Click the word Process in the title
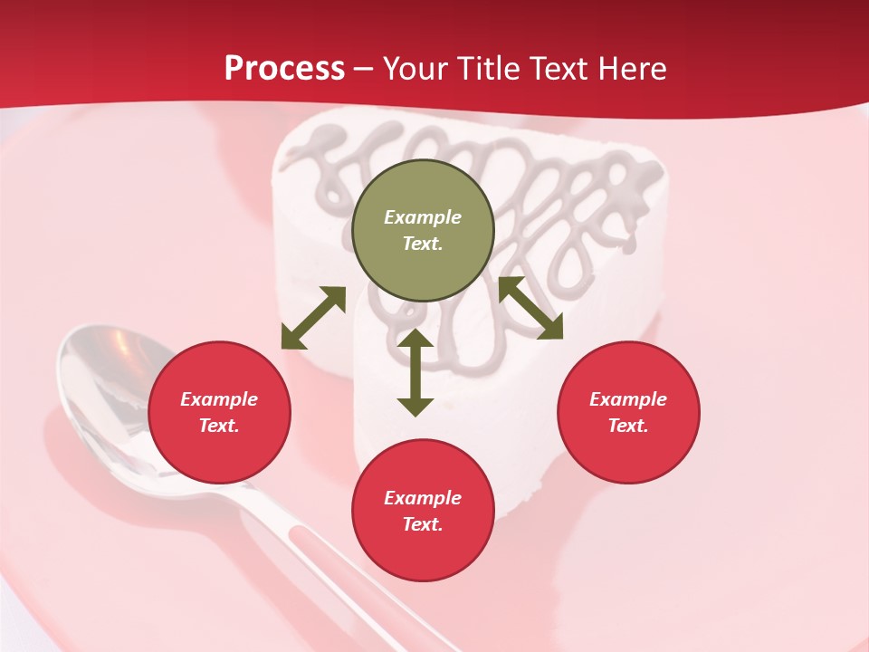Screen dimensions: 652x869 click(284, 69)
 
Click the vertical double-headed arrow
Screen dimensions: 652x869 click(415, 372)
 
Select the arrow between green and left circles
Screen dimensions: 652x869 click(313, 317)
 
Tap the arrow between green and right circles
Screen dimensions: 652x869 click(530, 308)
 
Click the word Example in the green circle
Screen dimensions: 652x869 click(423, 217)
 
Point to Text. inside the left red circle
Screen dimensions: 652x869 click(219, 426)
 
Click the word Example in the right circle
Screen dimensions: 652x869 click(628, 399)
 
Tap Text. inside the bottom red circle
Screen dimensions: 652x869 click(423, 524)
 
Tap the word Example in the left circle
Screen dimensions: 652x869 click(219, 399)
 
